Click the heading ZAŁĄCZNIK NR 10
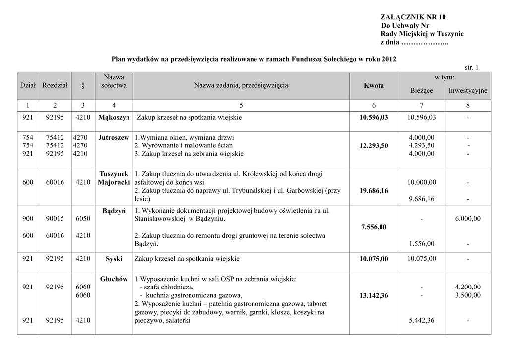pyautogui.click(x=413, y=17)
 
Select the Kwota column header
pyautogui.click(x=374, y=86)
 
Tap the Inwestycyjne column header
pyautogui.click(x=468, y=91)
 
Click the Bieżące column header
pyautogui.click(x=421, y=91)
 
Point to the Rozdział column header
pyautogui.click(x=55, y=86)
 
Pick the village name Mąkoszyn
pyautogui.click(x=114, y=118)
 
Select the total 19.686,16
pyautogui.click(x=374, y=191)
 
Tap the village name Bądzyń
pyautogui.click(x=114, y=211)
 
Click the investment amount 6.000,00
pyautogui.click(x=468, y=219)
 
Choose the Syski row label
pyautogui.click(x=114, y=259)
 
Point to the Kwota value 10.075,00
pyautogui.click(x=374, y=259)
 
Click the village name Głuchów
pyautogui.click(x=114, y=279)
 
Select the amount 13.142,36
pyautogui.click(x=374, y=296)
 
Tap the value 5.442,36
pyautogui.click(x=421, y=321)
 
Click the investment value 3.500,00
pyautogui.click(x=468, y=295)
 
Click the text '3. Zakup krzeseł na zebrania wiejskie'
pyautogui.click(x=189, y=154)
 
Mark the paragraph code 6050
pyautogui.click(x=83, y=219)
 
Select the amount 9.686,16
pyautogui.click(x=421, y=199)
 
